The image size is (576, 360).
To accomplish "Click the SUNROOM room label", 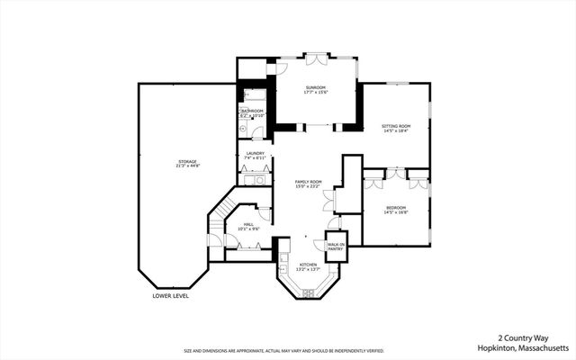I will point(315,86).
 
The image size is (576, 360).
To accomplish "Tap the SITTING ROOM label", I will point(396,126).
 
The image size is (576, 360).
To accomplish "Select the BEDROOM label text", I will point(397,208).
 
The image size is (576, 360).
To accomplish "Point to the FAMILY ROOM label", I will point(309,181).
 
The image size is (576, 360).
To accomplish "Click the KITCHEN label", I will point(309,264).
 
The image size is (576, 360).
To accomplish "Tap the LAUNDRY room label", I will point(255,154).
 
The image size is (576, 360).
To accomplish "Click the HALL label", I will point(247,224).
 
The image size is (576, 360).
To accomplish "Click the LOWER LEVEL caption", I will point(170,295).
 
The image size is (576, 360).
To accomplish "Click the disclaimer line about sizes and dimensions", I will point(283,351).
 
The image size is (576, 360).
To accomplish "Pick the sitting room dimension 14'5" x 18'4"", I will point(396,131).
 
